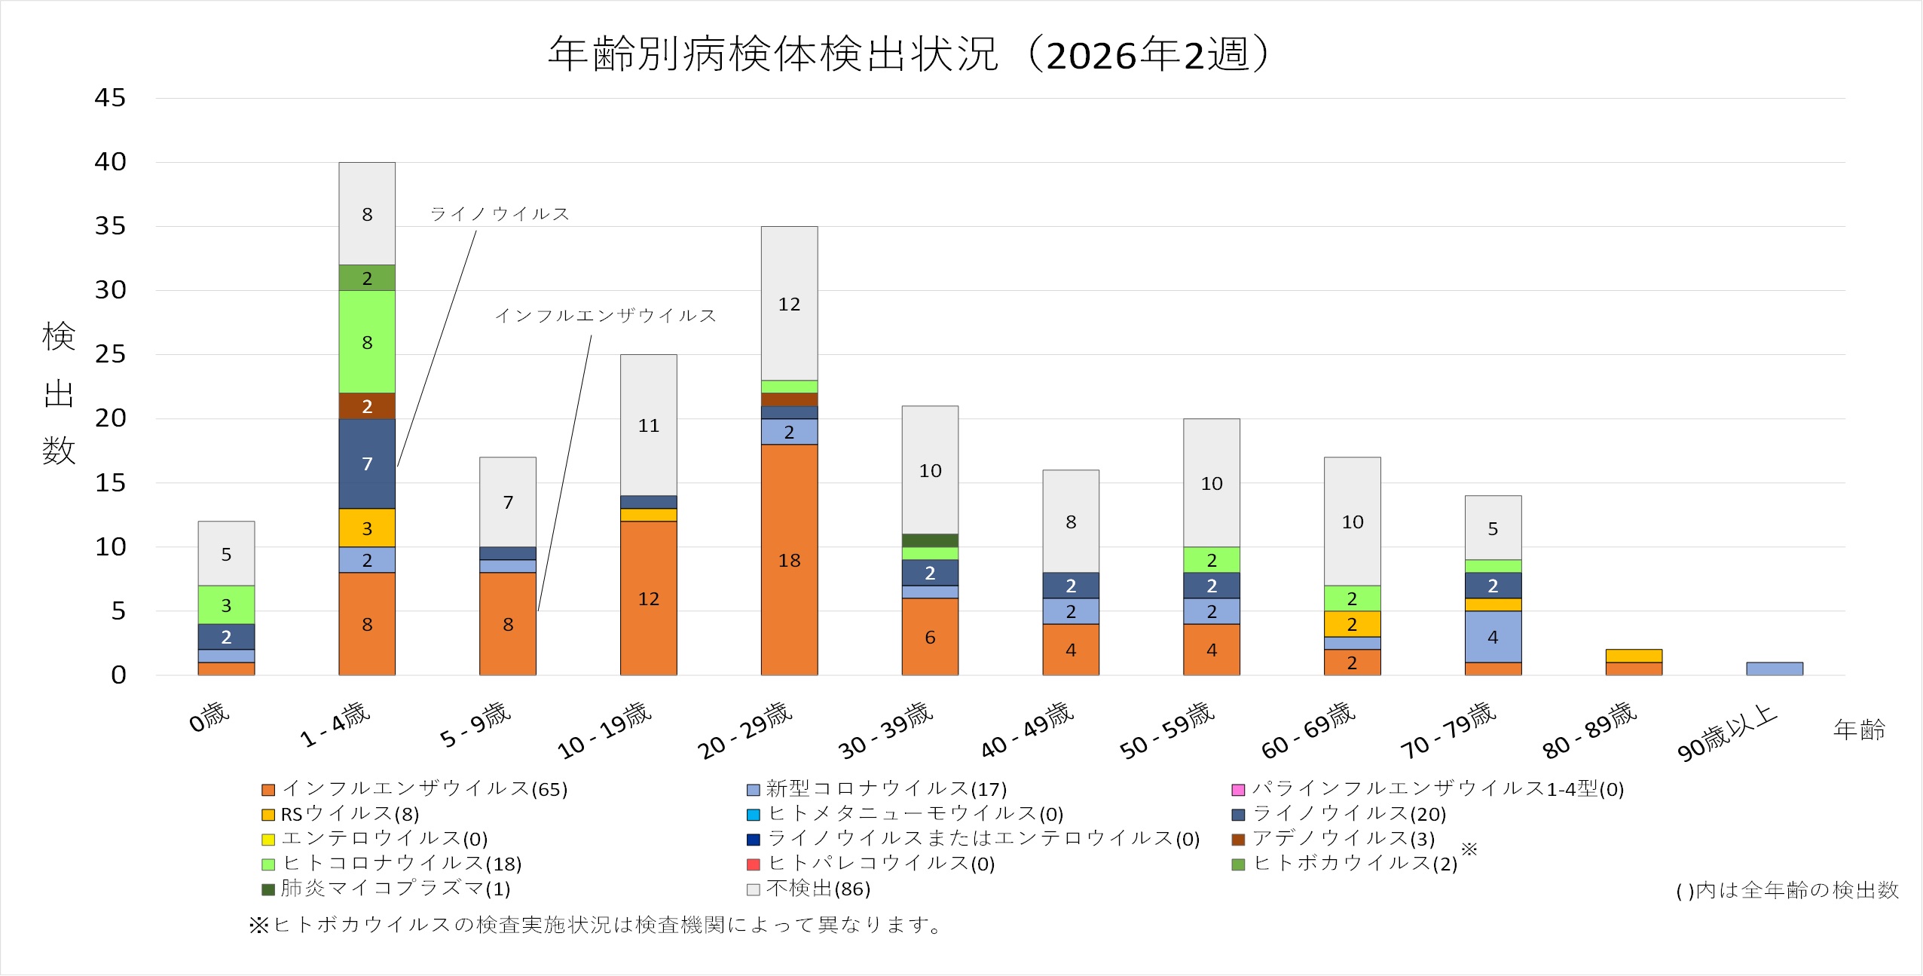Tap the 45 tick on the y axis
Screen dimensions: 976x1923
pos(110,97)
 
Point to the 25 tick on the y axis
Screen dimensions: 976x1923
pos(110,354)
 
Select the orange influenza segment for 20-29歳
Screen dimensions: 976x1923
pos(789,559)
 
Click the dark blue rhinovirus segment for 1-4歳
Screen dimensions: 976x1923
pos(367,464)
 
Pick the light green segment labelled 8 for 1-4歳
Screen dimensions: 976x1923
pos(367,342)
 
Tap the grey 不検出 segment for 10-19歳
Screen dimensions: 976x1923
pos(648,425)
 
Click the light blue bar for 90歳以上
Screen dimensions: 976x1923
pos(1774,669)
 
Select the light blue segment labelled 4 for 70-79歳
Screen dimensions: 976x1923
pos(1493,637)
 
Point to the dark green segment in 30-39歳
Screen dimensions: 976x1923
pos(930,540)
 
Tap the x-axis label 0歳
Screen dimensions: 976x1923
pos(209,717)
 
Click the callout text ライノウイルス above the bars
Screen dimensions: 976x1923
pos(500,214)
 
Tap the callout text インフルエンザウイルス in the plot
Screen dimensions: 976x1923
pos(605,316)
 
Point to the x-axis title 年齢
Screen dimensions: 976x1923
pos(1859,730)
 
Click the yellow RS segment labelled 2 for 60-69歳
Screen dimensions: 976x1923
pos(1352,624)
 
